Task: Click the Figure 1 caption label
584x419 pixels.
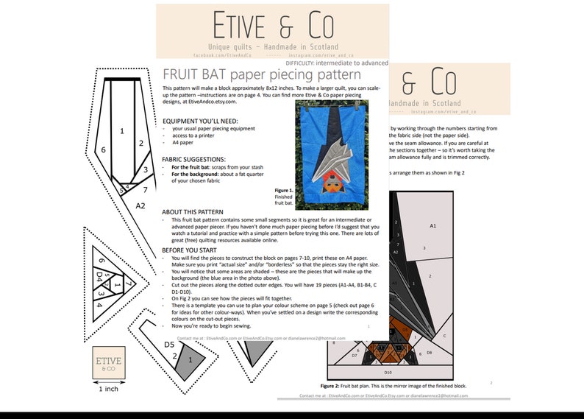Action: [283, 190]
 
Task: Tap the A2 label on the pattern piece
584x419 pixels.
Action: [140, 205]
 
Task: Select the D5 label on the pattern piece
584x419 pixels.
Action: [168, 345]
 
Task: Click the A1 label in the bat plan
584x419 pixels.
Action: [432, 225]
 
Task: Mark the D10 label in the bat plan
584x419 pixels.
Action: [388, 373]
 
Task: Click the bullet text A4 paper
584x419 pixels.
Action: [183, 142]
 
